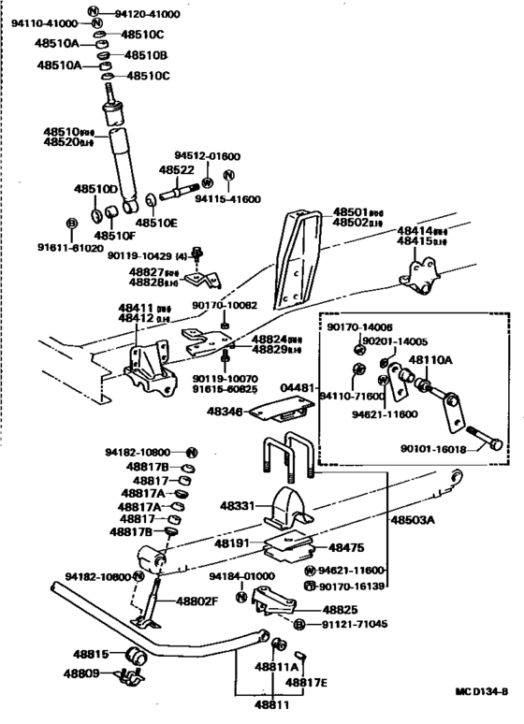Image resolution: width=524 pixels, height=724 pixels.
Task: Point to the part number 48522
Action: pos(176,169)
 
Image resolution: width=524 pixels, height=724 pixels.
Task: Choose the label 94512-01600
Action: pos(207,156)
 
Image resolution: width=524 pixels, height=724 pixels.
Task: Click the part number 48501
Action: pos(353,212)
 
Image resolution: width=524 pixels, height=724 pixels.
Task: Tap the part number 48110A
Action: pos(431,359)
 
